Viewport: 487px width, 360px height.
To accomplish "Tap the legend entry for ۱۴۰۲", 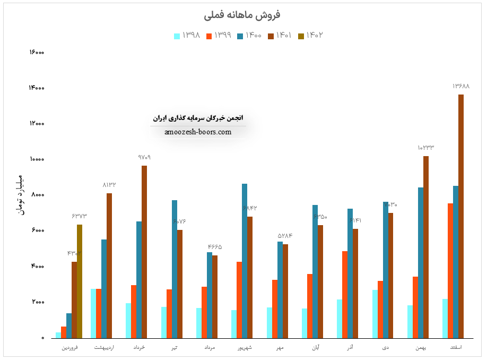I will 311,36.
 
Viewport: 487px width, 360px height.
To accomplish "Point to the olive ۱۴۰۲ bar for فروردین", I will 80,281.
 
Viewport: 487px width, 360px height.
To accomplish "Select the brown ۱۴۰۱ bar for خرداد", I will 144,252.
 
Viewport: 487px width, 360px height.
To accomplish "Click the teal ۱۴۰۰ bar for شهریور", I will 245,261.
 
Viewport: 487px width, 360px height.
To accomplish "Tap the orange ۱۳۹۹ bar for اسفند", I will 450,270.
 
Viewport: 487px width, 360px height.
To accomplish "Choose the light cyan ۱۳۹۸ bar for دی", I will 375,313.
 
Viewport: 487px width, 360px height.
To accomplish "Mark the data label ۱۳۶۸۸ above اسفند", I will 461,86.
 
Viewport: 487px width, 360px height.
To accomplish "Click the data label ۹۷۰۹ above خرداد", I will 144,157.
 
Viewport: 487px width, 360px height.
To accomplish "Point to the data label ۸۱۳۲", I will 109,185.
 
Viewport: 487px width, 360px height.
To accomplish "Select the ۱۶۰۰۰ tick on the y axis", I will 37,52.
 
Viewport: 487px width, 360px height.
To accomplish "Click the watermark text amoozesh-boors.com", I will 198,132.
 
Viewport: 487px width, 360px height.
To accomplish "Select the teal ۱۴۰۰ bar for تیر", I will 175,269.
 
